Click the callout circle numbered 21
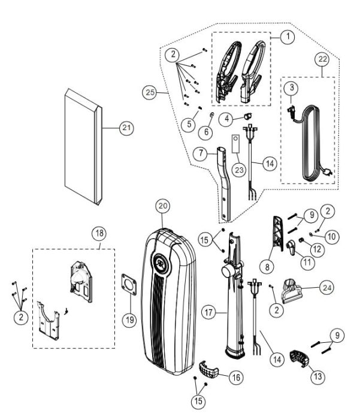(126, 128)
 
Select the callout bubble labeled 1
(288, 36)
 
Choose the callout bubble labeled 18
(99, 233)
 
